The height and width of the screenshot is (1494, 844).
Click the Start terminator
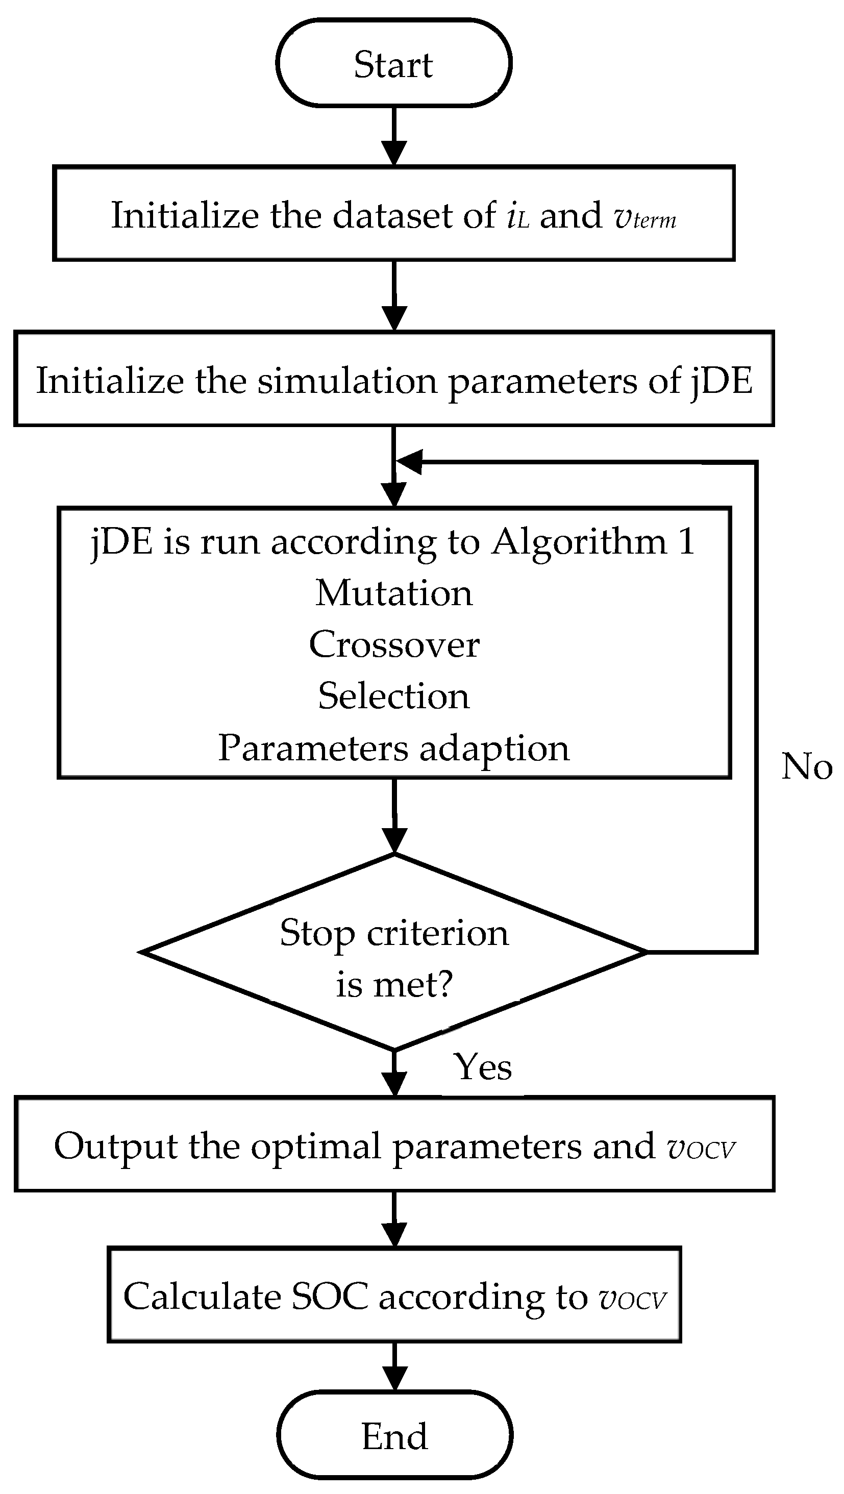click(x=394, y=63)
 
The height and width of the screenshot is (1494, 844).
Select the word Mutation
click(x=394, y=593)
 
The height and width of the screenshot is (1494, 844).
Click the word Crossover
click(x=394, y=644)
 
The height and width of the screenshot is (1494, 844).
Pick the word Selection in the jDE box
click(x=394, y=696)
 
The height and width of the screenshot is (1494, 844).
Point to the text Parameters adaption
click(x=394, y=748)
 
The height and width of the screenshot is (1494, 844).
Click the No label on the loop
click(x=806, y=767)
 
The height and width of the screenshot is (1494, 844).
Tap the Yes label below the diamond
click(x=483, y=1067)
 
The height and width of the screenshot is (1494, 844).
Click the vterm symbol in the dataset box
click(x=644, y=217)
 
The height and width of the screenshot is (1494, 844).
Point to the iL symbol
click(x=517, y=217)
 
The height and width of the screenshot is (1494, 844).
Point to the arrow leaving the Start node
click(x=394, y=137)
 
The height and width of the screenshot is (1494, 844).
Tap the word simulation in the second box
click(x=347, y=382)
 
